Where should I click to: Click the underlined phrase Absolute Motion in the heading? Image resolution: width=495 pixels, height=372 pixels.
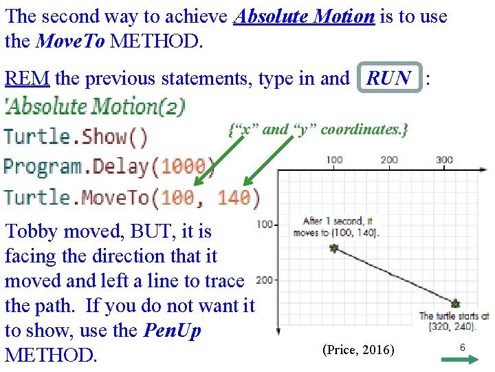(304, 17)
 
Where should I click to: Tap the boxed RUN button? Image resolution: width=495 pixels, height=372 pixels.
(389, 79)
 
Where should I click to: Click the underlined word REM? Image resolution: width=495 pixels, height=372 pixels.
(27, 79)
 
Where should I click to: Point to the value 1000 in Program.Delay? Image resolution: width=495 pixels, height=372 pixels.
(182, 167)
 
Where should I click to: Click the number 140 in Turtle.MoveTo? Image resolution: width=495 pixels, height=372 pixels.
(234, 198)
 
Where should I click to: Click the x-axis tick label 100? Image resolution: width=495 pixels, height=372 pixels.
(334, 160)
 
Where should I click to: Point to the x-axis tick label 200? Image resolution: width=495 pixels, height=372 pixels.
(389, 160)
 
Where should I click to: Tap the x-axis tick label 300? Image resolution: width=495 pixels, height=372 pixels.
(445, 160)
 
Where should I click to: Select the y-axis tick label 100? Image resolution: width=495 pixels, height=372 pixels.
(265, 225)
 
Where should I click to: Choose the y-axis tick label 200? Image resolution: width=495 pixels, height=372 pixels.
(265, 280)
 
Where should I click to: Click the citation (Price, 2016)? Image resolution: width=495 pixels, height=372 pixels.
(358, 350)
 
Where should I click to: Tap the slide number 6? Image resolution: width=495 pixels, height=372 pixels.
(463, 348)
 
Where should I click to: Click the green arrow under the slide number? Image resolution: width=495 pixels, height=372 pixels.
(463, 361)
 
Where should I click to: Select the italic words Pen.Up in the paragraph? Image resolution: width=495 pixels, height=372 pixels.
(172, 331)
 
